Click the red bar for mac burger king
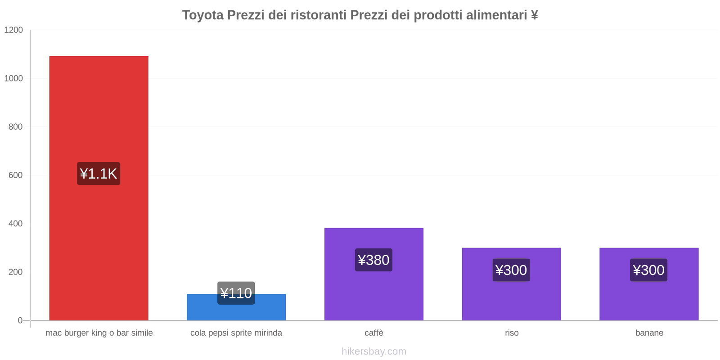pyautogui.click(x=99, y=112)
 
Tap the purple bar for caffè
pyautogui.click(x=373, y=292)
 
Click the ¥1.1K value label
pyautogui.click(x=99, y=174)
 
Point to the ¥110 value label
pyautogui.click(x=236, y=293)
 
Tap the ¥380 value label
pyautogui.click(x=373, y=260)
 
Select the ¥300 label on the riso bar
pyautogui.click(x=511, y=270)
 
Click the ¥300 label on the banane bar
pyautogui.click(x=649, y=270)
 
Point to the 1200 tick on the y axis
pyautogui.click(x=13, y=30)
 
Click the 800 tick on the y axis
pyautogui.click(x=15, y=127)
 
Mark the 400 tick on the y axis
pyautogui.click(x=15, y=224)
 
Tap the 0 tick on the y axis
pyautogui.click(x=20, y=320)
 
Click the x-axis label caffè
pyautogui.click(x=374, y=333)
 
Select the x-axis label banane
pyautogui.click(x=649, y=333)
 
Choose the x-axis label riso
pyautogui.click(x=512, y=333)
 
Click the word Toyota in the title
pyautogui.click(x=202, y=15)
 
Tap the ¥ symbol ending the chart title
pyautogui.click(x=534, y=15)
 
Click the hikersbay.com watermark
pyautogui.click(x=373, y=351)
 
